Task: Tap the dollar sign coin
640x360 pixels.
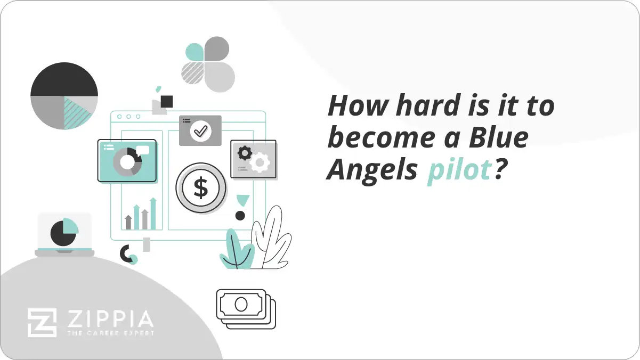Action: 201,188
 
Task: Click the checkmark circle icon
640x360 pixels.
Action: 200,130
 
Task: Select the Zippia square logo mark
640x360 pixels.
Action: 42,322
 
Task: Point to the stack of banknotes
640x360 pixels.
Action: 246,308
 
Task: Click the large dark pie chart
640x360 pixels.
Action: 64,96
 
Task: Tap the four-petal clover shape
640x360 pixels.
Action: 208,64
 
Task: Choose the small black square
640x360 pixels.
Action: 167,101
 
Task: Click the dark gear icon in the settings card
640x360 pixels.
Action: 244,153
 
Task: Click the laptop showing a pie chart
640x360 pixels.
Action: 64,234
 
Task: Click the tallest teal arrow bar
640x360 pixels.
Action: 153,214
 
